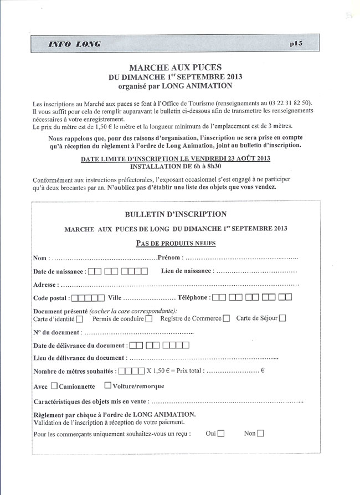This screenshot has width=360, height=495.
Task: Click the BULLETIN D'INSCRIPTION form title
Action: [175, 214]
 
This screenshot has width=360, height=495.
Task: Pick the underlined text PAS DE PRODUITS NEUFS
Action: [175, 243]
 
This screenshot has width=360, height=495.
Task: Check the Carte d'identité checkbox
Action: [80, 319]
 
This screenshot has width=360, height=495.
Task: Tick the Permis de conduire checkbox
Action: [149, 319]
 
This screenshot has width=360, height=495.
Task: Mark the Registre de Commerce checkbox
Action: [226, 319]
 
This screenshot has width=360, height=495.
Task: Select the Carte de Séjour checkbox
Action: [282, 318]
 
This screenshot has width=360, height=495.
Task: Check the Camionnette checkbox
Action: [54, 386]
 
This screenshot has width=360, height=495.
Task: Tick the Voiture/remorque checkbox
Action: [108, 386]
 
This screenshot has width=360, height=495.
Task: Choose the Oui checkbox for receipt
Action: [221, 434]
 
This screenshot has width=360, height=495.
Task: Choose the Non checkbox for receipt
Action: [260, 434]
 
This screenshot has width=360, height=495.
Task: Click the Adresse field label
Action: [46, 285]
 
